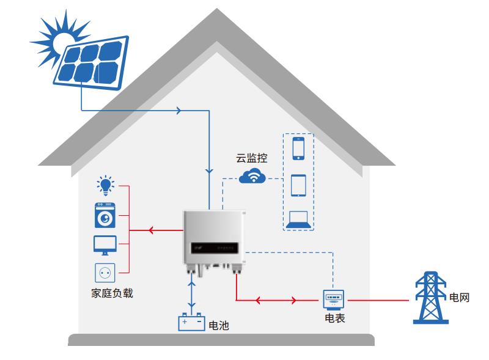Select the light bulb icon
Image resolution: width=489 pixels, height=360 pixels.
click(x=106, y=185)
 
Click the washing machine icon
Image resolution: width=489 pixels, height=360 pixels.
click(x=105, y=215)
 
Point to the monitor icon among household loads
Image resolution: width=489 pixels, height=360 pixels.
click(x=105, y=244)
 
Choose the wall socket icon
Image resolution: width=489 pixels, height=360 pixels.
click(x=105, y=272)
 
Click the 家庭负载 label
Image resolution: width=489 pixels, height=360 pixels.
click(x=108, y=293)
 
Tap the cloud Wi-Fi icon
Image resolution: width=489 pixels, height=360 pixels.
click(x=252, y=177)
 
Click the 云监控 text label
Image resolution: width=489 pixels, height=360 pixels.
click(x=252, y=158)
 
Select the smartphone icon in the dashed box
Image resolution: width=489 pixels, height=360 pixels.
click(x=298, y=149)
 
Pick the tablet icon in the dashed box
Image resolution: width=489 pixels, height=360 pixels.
click(x=298, y=186)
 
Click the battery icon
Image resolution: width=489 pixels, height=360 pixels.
click(x=191, y=321)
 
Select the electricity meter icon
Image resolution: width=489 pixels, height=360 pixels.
click(x=333, y=299)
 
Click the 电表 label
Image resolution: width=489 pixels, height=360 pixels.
click(x=334, y=318)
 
